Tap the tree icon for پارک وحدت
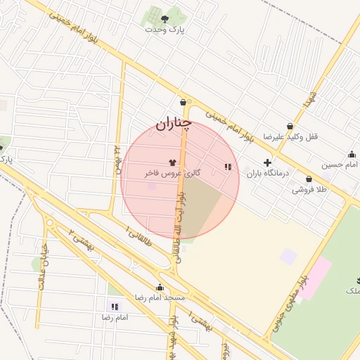165,19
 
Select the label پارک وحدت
164,30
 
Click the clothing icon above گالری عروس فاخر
172,162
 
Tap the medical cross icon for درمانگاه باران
267,162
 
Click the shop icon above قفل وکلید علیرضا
290,126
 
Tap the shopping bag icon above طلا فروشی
309,179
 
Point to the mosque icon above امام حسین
351,155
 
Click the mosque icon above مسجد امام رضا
160,287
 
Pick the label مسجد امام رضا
160,297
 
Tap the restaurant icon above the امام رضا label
115,307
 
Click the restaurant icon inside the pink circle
227,167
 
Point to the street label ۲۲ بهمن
117,158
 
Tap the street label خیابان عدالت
42,266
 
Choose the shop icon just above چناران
183,102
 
